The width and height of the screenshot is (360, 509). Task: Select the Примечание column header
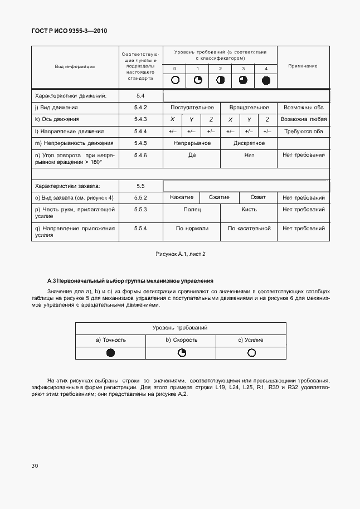point(303,66)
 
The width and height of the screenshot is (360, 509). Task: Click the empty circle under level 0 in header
point(175,80)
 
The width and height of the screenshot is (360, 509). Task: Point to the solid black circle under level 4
point(266,80)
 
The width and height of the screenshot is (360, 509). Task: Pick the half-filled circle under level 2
point(220,80)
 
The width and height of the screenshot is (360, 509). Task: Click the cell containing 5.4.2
point(140,108)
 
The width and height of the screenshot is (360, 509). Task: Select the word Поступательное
point(192,108)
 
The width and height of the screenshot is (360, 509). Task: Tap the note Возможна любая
point(303,119)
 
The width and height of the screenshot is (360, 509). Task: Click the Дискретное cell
point(249,143)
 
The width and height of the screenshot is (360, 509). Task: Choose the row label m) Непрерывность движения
point(74,143)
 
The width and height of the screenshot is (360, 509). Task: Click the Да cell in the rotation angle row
point(192,156)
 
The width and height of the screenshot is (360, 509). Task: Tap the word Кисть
point(249,210)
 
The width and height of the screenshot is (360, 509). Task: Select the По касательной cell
point(249,228)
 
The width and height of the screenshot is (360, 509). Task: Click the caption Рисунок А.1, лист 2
point(181,254)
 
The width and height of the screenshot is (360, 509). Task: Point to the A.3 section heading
point(130,280)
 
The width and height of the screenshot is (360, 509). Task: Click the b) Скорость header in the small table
point(181,340)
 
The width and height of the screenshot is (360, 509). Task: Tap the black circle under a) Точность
point(110,352)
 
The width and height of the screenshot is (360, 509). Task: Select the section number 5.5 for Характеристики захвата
point(140,186)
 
